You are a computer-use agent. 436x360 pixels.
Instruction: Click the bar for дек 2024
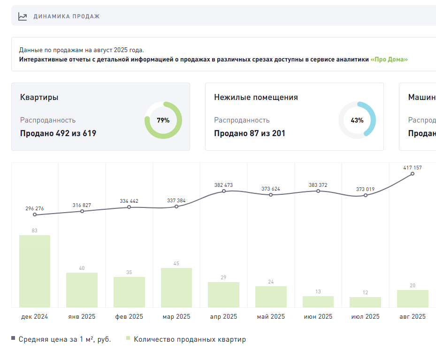click(x=35, y=271)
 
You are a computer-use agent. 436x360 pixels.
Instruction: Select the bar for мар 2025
click(x=176, y=288)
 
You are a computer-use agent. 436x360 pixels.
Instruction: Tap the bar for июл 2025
click(x=365, y=302)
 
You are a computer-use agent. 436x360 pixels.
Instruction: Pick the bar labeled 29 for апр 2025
click(x=223, y=295)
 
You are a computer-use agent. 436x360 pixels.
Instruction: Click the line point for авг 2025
click(x=413, y=174)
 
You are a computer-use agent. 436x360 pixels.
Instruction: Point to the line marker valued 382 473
click(x=224, y=191)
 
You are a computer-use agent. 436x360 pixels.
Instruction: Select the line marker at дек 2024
click(x=35, y=215)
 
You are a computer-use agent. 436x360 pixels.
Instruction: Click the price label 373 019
click(x=365, y=189)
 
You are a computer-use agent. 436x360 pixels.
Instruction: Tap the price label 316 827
click(x=82, y=205)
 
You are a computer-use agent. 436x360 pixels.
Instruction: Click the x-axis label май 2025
click(x=271, y=317)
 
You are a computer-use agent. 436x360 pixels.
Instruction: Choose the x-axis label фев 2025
click(x=129, y=317)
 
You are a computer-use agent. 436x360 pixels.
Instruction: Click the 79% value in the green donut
click(x=163, y=120)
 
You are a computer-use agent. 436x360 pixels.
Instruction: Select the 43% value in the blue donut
click(x=357, y=120)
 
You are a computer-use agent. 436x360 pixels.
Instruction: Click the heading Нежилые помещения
click(x=256, y=97)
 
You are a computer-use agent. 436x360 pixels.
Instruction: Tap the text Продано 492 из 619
click(x=58, y=133)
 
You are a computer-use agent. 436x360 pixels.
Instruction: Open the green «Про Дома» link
click(x=389, y=60)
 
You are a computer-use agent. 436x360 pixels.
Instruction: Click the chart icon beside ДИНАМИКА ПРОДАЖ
click(x=23, y=16)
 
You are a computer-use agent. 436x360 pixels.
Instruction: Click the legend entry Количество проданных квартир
click(x=190, y=339)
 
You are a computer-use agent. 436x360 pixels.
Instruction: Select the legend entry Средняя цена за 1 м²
click(x=65, y=339)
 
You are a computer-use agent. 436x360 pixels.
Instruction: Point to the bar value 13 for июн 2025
click(x=318, y=291)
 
